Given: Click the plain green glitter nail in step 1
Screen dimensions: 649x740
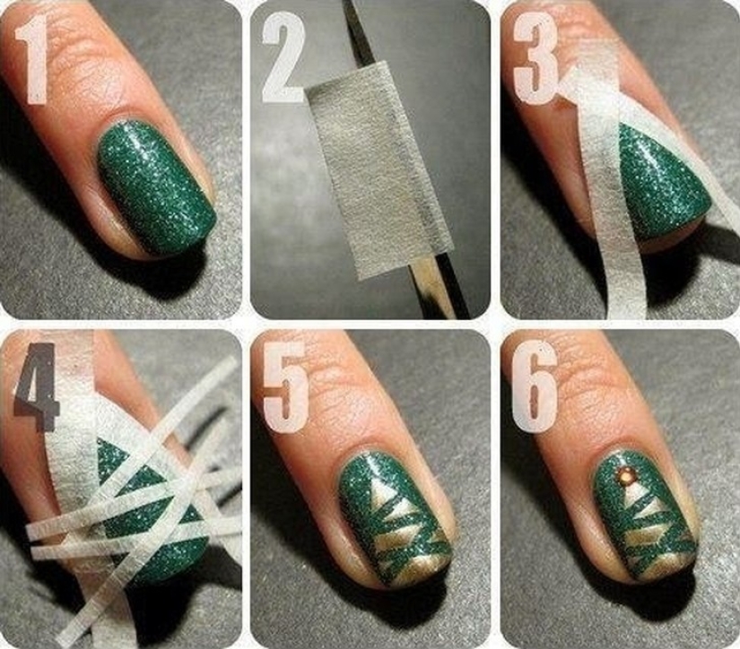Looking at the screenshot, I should point(156,184).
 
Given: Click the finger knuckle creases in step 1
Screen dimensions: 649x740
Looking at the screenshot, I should point(108,54).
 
